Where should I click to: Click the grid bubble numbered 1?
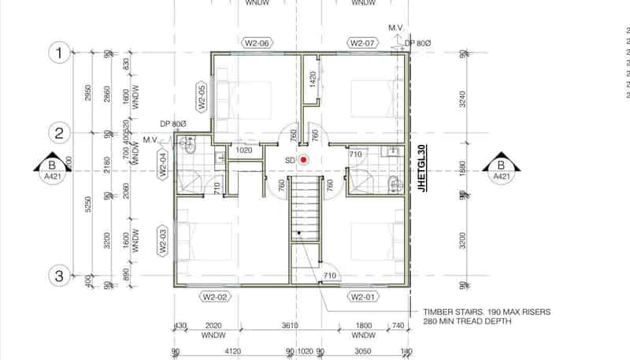59,54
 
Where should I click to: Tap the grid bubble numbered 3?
59,276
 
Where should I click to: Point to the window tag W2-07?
363,43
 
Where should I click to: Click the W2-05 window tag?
202,96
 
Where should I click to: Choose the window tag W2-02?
214,297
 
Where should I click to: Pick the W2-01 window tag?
363,297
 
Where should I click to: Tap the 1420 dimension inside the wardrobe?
313,79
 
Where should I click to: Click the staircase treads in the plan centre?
305,209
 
